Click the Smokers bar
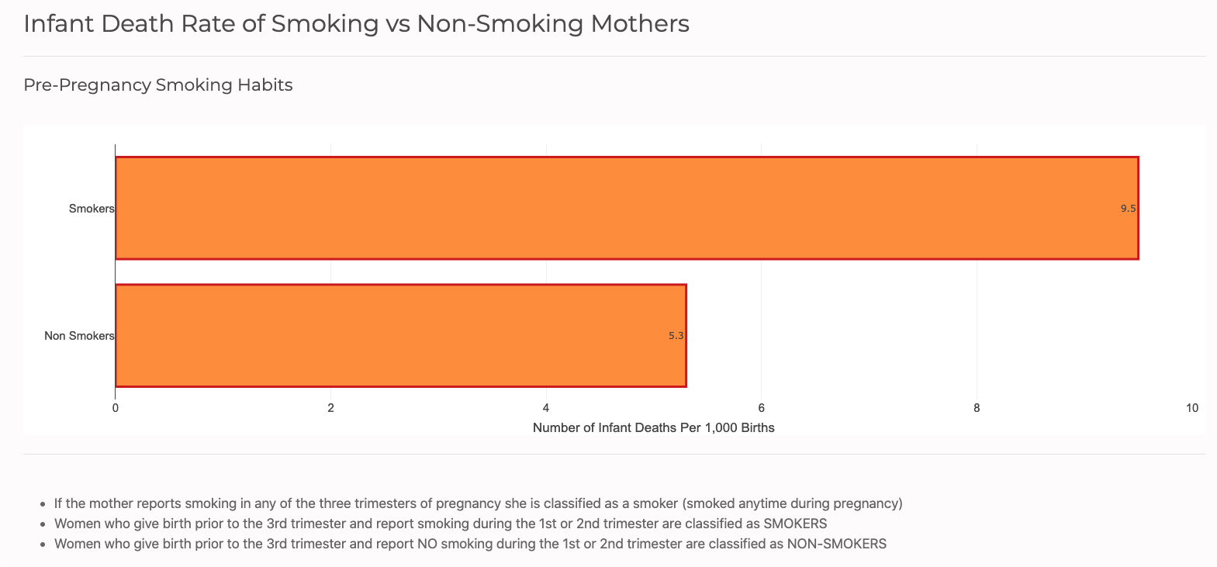627,208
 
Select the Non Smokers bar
400,335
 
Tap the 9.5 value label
1128,209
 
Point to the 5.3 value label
676,336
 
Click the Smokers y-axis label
92,209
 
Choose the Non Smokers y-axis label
79,336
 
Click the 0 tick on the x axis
116,408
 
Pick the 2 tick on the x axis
331,408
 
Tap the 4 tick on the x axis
546,408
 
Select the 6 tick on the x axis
762,408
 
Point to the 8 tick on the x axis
977,408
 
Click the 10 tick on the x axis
1191,408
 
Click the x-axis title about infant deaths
653,427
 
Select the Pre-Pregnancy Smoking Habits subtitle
158,85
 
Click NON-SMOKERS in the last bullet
836,544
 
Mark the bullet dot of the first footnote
42,504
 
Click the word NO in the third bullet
427,544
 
